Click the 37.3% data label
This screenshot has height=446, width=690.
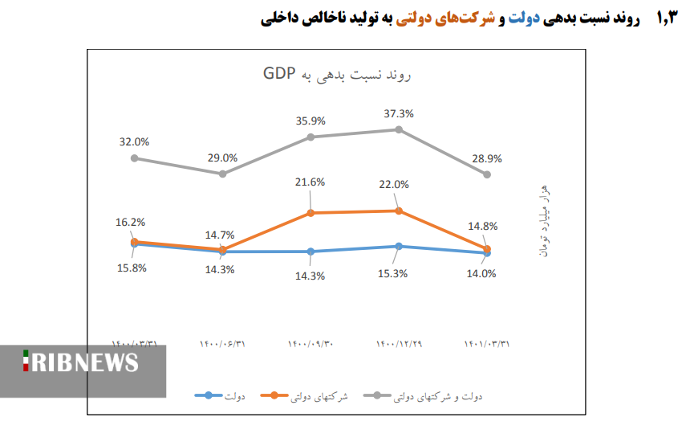coord(399,113)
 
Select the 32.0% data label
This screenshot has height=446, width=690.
coord(134,141)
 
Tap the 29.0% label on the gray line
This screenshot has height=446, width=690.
coord(222,158)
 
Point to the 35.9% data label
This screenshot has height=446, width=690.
coord(310,121)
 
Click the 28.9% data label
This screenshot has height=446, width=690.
coord(487,158)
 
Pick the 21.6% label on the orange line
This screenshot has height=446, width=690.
coord(310,182)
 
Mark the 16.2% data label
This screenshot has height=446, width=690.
coord(132,222)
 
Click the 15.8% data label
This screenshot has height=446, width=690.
coord(132,268)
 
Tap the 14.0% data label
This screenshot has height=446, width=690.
coord(481,273)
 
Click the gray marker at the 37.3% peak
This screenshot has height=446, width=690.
coord(399,129)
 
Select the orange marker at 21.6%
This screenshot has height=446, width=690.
coord(310,213)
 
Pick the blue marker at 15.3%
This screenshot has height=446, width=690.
coord(399,246)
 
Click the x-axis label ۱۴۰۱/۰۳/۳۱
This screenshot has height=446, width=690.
coord(487,343)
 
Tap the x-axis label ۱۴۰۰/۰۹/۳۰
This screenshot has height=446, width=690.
coord(310,343)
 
